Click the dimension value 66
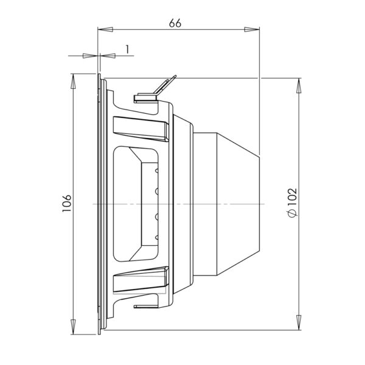click(175, 23)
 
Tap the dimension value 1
click(127, 50)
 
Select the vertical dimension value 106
click(66, 203)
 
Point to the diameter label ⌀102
click(293, 203)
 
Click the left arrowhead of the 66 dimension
click(105, 30)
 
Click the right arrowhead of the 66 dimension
click(252, 30)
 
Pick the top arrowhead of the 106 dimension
click(73, 82)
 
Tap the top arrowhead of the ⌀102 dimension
click(299, 86)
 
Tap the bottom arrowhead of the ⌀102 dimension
click(299, 322)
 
